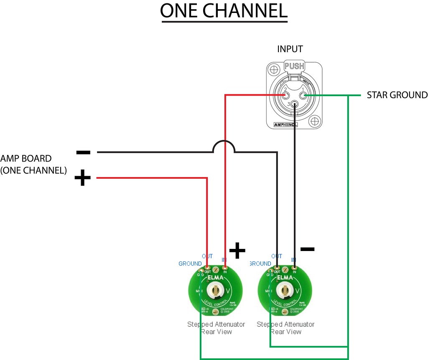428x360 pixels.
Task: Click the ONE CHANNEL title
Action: pos(224,11)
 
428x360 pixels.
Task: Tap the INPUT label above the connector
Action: pos(290,49)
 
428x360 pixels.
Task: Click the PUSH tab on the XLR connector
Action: pos(295,66)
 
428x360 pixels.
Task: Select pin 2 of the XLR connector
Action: pos(285,95)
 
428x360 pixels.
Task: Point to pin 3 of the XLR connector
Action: pos(295,104)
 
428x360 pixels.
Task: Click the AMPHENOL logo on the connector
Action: pos(285,124)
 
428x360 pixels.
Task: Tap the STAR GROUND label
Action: pos(397,95)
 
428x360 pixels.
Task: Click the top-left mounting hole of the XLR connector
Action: pos(274,69)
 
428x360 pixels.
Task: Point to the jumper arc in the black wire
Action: pos(224,146)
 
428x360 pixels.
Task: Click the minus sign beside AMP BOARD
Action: pos(83,152)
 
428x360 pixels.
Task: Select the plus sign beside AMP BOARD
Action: pos(82,179)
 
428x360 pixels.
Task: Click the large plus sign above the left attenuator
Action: pos(237,251)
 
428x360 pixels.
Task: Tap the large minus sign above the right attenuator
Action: pos(307,249)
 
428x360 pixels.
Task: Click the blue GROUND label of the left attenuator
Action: pos(190,264)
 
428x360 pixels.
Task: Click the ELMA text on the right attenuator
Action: pos(285,277)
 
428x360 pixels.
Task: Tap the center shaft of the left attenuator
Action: pos(215,289)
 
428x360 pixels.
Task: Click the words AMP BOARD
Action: pos(26,159)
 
